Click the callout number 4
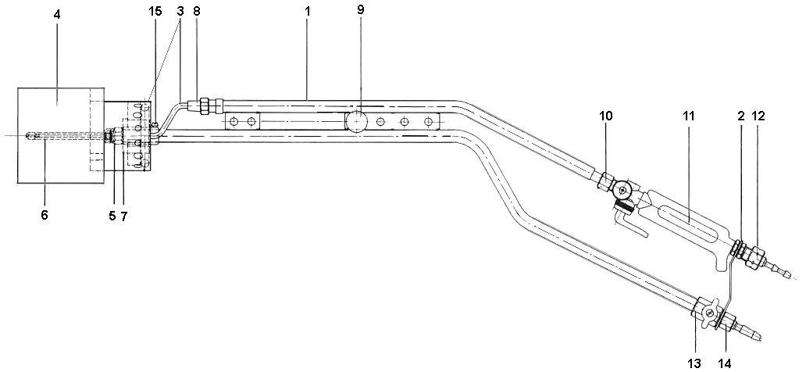57,14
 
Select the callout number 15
155,12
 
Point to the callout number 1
307,12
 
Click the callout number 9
360,10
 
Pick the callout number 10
606,116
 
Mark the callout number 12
758,116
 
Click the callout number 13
694,363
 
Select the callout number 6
45,215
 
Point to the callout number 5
112,216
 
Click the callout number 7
123,216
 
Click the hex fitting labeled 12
754,256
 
